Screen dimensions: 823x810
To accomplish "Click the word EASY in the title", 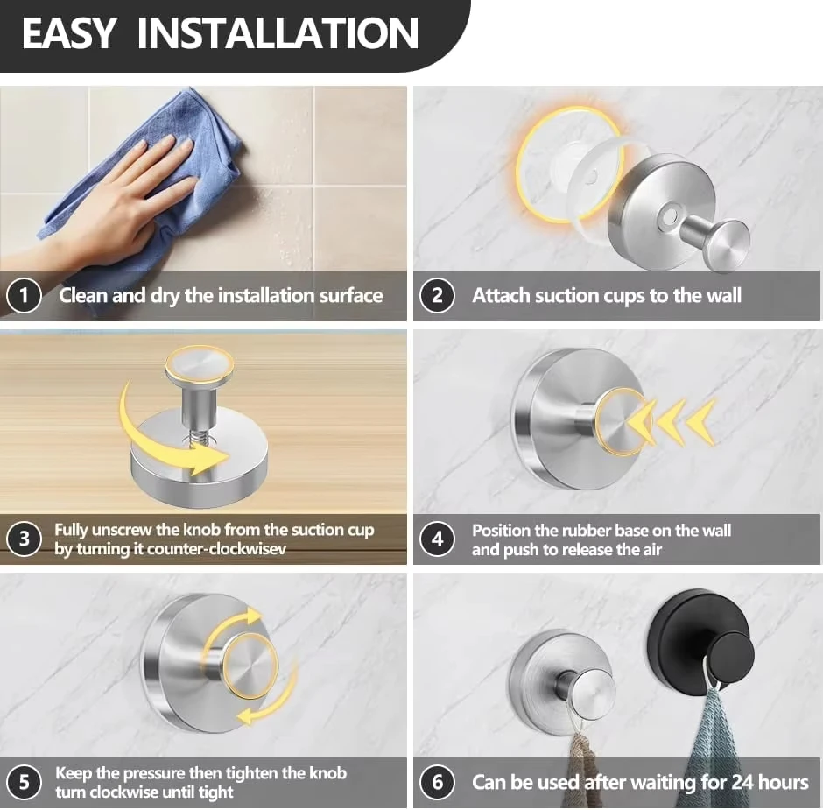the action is [68, 33].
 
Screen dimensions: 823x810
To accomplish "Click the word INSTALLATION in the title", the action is [278, 33].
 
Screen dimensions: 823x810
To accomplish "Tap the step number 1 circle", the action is [24, 296].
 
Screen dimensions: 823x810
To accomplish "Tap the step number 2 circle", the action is [437, 296].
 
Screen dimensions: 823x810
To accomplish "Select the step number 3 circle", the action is [24, 539].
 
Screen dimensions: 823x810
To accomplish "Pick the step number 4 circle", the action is [437, 539].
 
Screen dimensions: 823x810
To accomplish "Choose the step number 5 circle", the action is [24, 782].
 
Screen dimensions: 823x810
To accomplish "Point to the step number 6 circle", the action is [437, 782].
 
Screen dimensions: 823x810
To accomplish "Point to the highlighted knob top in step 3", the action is [199, 363].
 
